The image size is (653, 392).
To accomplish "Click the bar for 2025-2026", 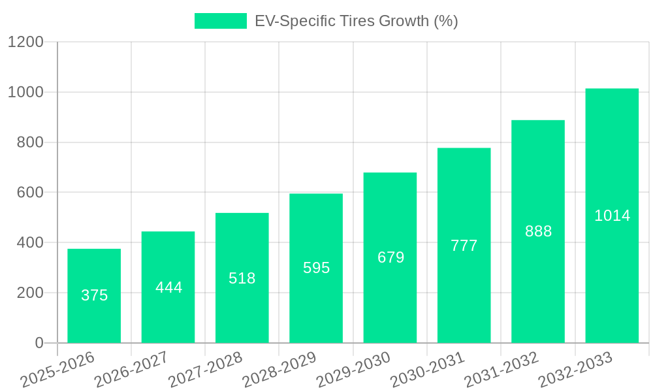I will [x=94, y=296].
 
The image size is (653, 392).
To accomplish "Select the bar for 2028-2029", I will [x=316, y=268].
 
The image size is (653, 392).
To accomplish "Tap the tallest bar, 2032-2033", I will [x=612, y=216].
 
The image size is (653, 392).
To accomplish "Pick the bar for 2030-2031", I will [x=464, y=245].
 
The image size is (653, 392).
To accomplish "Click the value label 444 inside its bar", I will [x=168, y=287].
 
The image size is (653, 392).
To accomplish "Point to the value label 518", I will [x=242, y=278].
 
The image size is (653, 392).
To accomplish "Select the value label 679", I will [x=390, y=257].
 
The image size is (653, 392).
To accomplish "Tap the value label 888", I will [x=538, y=231].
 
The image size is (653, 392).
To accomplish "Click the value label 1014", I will [x=612, y=216].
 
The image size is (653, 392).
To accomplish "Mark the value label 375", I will [x=94, y=295].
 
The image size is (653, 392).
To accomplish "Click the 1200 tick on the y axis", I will [x=25, y=42].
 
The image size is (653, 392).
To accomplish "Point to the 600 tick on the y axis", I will [x=30, y=193].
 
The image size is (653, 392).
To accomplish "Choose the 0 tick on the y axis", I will [x=39, y=343].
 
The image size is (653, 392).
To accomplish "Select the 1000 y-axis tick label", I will [x=25, y=92].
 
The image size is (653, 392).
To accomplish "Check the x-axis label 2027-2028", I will [x=206, y=369].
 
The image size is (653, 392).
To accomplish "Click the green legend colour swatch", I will [x=221, y=21].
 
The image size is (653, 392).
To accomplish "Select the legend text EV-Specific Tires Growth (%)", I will [x=356, y=21].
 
